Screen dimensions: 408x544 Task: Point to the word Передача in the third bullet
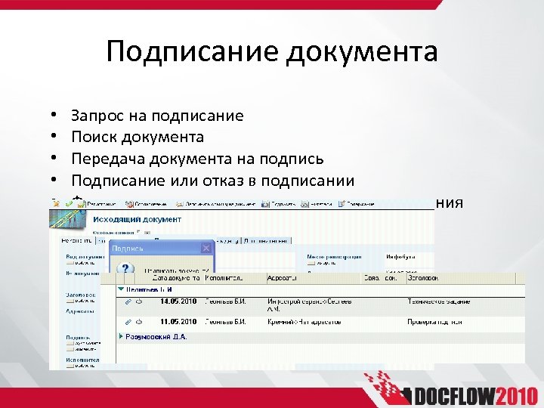(106, 159)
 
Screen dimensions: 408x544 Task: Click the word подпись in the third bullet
(295, 159)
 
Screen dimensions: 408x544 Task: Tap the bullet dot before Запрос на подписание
(55, 116)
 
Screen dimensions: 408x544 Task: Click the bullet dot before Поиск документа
(55, 138)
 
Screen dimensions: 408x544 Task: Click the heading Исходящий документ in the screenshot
(136, 219)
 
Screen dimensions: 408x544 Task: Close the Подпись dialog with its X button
(206, 248)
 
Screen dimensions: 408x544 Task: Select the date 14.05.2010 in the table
(178, 301)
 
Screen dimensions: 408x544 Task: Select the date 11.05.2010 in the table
(178, 321)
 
